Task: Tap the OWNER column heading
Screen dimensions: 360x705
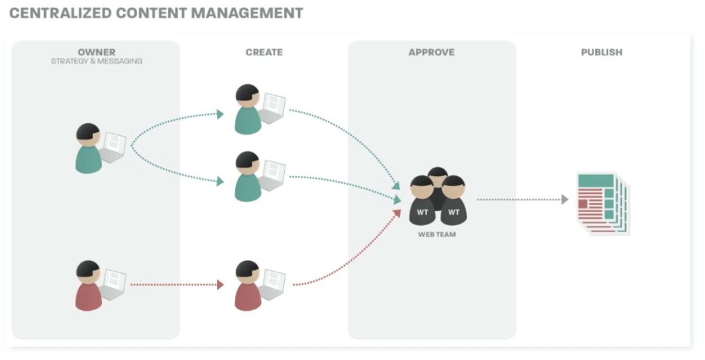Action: pyautogui.click(x=96, y=52)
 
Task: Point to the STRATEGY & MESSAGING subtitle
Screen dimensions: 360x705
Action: pyautogui.click(x=96, y=61)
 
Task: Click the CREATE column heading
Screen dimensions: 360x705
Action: pyautogui.click(x=264, y=53)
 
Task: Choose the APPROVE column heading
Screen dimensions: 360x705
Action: pyautogui.click(x=431, y=53)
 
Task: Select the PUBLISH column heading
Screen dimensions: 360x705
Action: pyautogui.click(x=601, y=53)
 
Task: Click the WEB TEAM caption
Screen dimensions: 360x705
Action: pyautogui.click(x=437, y=234)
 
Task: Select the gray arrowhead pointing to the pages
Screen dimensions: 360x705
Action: pyautogui.click(x=565, y=200)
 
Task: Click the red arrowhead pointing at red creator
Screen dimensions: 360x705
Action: pyautogui.click(x=220, y=285)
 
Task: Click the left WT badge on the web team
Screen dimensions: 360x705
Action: pyautogui.click(x=422, y=212)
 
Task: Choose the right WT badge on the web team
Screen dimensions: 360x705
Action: pyautogui.click(x=454, y=212)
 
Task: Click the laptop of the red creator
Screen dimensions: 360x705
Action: pyautogui.click(x=273, y=285)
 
